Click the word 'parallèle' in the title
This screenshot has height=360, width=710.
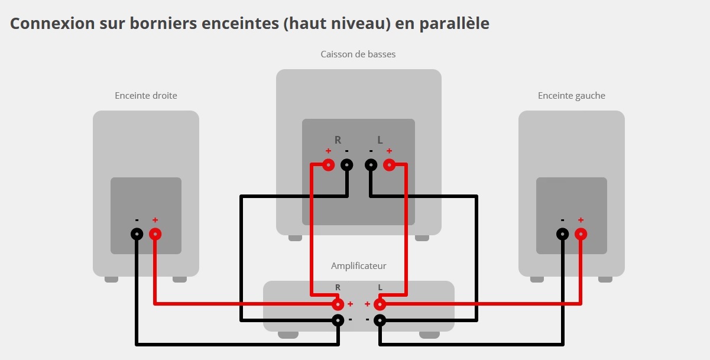tap(455, 24)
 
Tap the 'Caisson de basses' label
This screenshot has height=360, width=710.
tap(358, 54)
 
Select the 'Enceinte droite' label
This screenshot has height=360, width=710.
tap(146, 95)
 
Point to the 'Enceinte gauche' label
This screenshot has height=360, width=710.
tap(572, 96)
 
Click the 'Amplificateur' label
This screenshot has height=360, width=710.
tap(358, 265)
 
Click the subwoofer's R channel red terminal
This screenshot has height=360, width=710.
tap(328, 165)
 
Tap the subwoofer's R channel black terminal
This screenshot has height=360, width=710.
tap(347, 165)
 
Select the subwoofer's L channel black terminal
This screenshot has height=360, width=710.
tap(371, 165)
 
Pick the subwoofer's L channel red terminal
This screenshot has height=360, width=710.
tap(389, 165)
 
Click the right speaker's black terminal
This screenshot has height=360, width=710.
tap(137, 234)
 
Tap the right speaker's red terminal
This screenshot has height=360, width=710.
tap(155, 234)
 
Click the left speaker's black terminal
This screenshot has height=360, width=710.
tap(563, 234)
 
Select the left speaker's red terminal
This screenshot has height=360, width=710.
tap(581, 234)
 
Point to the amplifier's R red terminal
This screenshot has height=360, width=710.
tap(338, 304)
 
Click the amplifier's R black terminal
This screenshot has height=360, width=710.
tap(338, 320)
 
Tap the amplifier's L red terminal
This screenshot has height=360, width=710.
tap(380, 304)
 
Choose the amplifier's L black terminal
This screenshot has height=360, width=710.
tap(380, 320)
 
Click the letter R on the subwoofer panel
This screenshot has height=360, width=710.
tap(338, 140)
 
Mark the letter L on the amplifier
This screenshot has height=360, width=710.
tap(380, 287)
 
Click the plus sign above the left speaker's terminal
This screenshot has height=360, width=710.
tap(581, 220)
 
